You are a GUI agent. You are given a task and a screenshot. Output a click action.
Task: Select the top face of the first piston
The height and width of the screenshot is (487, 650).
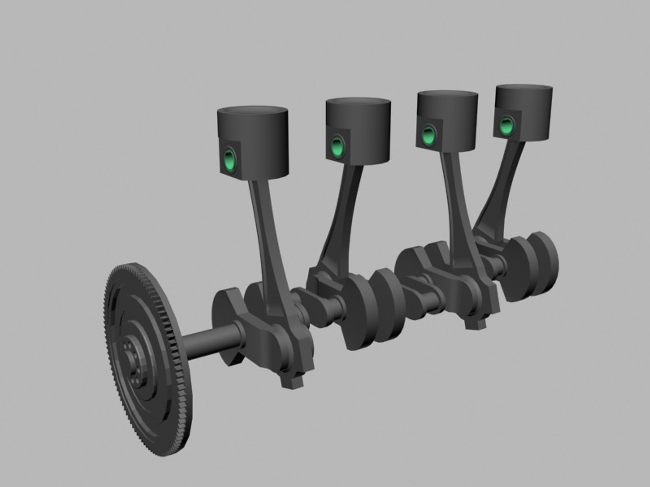[253, 110]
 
